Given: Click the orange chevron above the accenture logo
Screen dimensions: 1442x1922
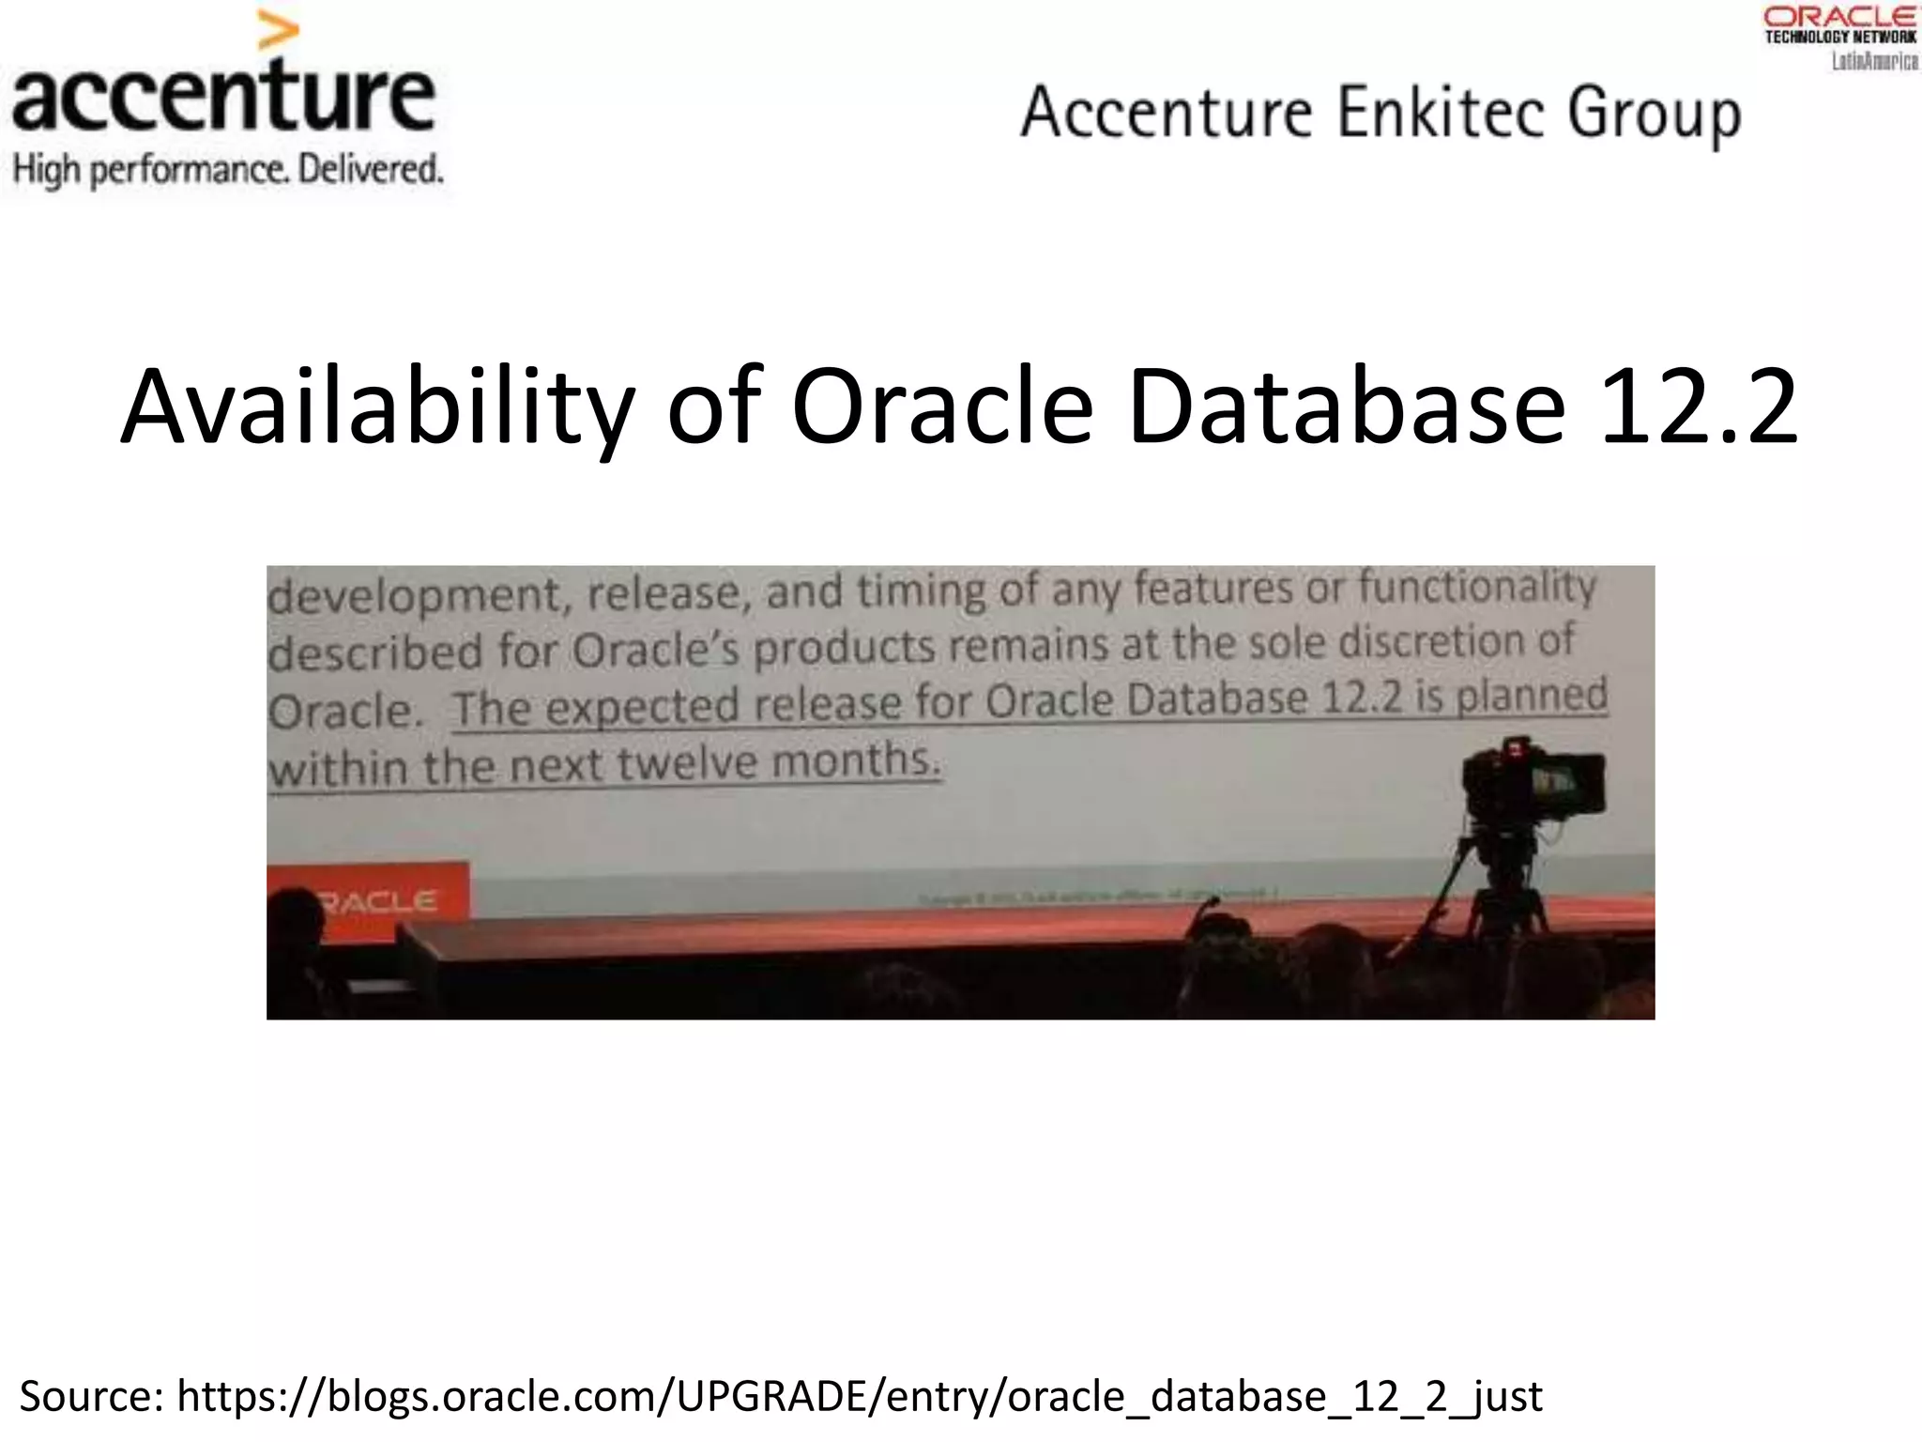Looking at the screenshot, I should [x=278, y=32].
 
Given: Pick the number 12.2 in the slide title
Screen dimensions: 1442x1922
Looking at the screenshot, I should [x=1700, y=408].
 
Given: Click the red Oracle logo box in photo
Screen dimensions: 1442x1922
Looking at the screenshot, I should [x=368, y=900].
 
